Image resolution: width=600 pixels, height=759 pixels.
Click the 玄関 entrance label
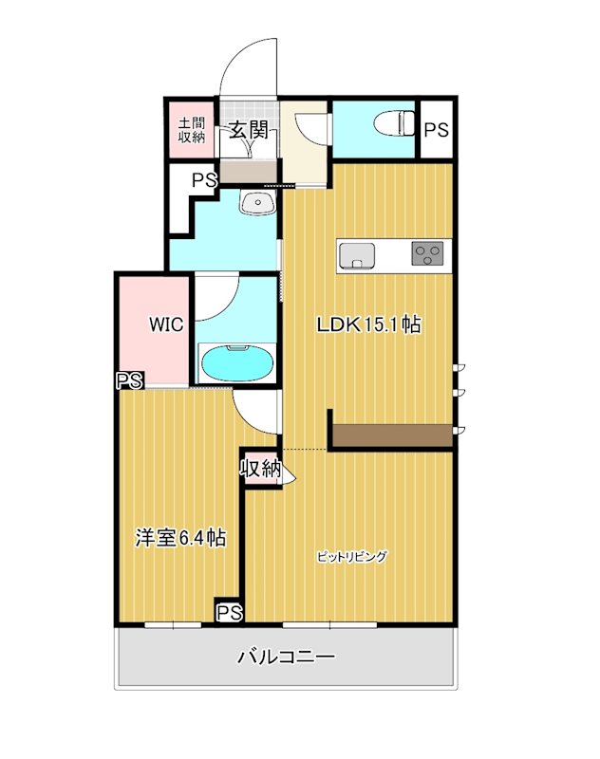pyautogui.click(x=250, y=132)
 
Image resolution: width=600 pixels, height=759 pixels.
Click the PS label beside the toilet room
pyautogui.click(x=436, y=131)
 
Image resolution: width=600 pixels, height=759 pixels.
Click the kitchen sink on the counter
pyautogui.click(x=356, y=255)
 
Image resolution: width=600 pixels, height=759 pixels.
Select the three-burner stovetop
pyautogui.click(x=426, y=253)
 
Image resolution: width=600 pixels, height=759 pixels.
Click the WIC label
pyautogui.click(x=165, y=324)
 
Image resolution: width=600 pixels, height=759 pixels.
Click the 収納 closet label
pyautogui.click(x=259, y=468)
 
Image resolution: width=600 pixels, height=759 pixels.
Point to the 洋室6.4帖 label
pyautogui.click(x=179, y=538)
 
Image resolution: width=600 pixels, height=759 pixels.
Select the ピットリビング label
pyautogui.click(x=352, y=557)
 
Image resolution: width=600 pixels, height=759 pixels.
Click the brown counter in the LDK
pyautogui.click(x=392, y=436)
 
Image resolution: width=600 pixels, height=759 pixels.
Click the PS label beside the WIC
pyautogui.click(x=129, y=381)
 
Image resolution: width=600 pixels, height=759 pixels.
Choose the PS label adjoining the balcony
pyautogui.click(x=229, y=613)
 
